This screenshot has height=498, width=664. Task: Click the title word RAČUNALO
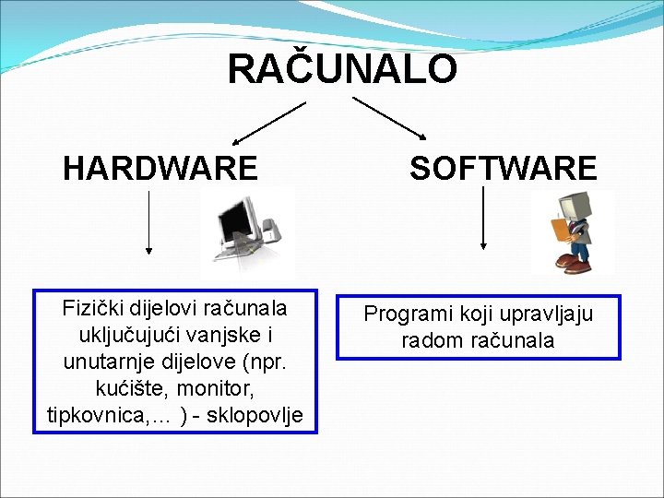click(x=341, y=69)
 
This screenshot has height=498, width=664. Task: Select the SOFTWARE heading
click(x=504, y=169)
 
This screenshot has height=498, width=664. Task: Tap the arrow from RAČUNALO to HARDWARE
click(x=268, y=124)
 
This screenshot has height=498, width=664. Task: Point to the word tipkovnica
click(x=99, y=415)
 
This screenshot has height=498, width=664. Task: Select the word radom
click(x=429, y=341)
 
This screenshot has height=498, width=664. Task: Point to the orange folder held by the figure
click(x=558, y=229)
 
